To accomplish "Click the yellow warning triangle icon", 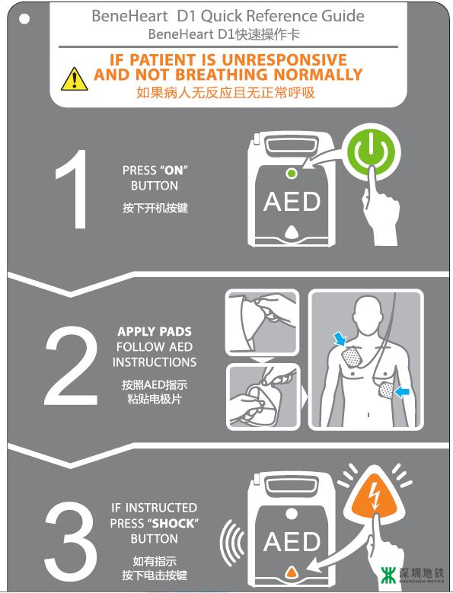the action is pyautogui.click(x=75, y=79).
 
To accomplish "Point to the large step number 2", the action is pyautogui.click(x=71, y=365).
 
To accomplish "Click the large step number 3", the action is pyautogui.click(x=70, y=541).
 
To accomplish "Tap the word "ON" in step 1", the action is pyautogui.click(x=174, y=171).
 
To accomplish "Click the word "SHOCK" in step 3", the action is pyautogui.click(x=173, y=524).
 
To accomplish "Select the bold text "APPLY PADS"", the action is pyautogui.click(x=155, y=332).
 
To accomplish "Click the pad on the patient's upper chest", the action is pyautogui.click(x=352, y=357).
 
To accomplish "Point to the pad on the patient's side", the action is pyautogui.click(x=386, y=391).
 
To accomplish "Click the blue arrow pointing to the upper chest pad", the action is pyautogui.click(x=340, y=339).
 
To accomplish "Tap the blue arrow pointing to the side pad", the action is pyautogui.click(x=402, y=393).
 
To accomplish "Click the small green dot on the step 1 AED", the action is pyautogui.click(x=291, y=174).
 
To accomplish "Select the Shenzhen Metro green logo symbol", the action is pyautogui.click(x=388, y=575).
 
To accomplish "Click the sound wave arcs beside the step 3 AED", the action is pyautogui.click(x=232, y=542).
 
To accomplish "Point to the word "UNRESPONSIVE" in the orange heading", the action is pyautogui.click(x=284, y=59).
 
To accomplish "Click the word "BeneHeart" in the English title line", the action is pyautogui.click(x=129, y=16).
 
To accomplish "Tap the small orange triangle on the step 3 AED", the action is pyautogui.click(x=291, y=571).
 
